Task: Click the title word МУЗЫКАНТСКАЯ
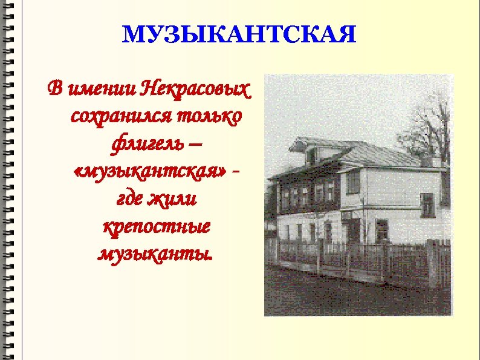(x=239, y=35)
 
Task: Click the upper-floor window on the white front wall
(x=354, y=182)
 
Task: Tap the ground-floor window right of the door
(x=381, y=231)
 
